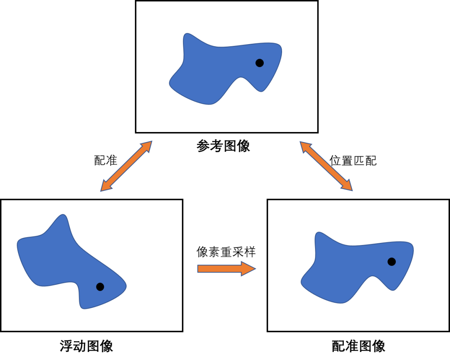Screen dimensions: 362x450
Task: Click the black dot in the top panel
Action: pyautogui.click(x=259, y=63)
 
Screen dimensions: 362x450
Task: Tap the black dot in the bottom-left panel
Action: pyautogui.click(x=100, y=287)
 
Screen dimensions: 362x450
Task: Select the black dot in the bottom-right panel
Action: pyautogui.click(x=391, y=262)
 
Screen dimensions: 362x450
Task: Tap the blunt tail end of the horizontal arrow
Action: pyautogui.click(x=199, y=269)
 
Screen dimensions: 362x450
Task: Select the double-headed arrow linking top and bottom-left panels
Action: pyautogui.click(x=127, y=166)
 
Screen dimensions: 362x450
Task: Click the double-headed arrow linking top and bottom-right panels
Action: pyautogui.click(x=326, y=166)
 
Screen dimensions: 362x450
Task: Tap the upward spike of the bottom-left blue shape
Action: pyautogui.click(x=63, y=219)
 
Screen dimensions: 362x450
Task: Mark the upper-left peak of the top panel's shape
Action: pyautogui.click(x=187, y=37)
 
